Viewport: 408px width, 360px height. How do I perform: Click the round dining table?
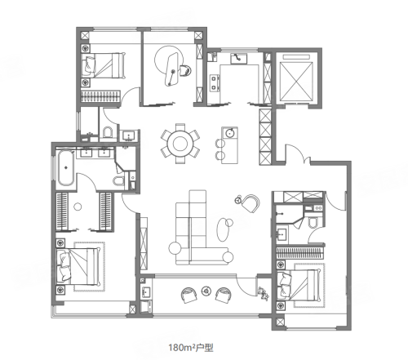[180, 144]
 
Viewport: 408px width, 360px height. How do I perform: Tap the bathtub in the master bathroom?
[65, 168]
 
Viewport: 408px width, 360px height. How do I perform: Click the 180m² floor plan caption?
[190, 348]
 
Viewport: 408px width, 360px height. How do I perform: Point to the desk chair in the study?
[185, 70]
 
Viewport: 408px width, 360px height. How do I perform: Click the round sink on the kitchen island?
[230, 133]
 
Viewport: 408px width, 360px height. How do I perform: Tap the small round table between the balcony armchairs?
[206, 291]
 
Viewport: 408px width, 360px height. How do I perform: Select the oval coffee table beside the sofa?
[223, 229]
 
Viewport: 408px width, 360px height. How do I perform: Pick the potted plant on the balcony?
[264, 293]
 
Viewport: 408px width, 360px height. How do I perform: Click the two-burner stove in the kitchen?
[215, 83]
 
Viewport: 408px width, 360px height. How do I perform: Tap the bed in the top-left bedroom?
[104, 65]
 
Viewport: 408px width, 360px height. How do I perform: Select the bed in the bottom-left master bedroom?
[78, 266]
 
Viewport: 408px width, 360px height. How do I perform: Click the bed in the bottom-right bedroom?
[299, 285]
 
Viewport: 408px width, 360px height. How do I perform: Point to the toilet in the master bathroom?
[118, 180]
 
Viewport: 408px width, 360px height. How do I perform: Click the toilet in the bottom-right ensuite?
[313, 222]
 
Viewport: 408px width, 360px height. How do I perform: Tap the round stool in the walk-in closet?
[78, 207]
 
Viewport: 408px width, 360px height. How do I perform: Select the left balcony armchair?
[188, 296]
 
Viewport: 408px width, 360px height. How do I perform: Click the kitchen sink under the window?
[239, 59]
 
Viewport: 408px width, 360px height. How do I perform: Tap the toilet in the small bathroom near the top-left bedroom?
[108, 132]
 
